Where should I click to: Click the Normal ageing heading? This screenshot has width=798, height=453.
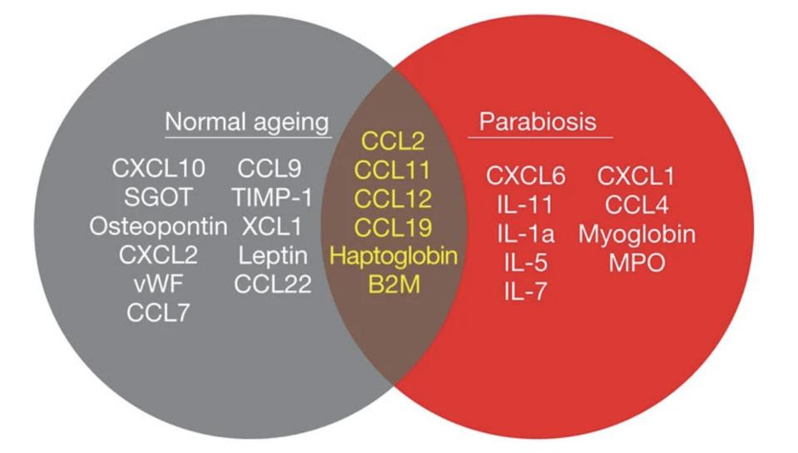(248, 122)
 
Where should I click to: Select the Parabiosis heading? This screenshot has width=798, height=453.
(538, 122)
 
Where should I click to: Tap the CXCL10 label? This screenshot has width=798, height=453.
(158, 169)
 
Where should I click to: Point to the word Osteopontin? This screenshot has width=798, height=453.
(158, 226)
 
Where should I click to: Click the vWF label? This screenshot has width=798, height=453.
(158, 283)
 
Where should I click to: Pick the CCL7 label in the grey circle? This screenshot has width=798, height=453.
(158, 313)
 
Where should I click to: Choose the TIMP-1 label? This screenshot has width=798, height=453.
(273, 198)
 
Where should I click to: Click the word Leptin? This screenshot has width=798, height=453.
(273, 255)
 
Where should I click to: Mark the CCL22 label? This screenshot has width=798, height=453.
(273, 284)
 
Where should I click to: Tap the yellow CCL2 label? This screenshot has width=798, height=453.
(393, 141)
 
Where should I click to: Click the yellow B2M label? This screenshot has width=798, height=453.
(393, 284)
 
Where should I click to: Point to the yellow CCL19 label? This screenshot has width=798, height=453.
(393, 227)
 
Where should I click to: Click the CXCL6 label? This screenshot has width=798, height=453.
(526, 176)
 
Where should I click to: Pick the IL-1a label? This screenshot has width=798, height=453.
(526, 234)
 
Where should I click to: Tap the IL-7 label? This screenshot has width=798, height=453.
(526, 292)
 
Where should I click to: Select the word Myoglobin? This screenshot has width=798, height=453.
(637, 234)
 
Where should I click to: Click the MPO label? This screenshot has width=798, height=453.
(637, 263)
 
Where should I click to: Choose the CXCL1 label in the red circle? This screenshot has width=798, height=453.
(637, 176)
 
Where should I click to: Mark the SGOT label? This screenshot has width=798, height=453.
(158, 198)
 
